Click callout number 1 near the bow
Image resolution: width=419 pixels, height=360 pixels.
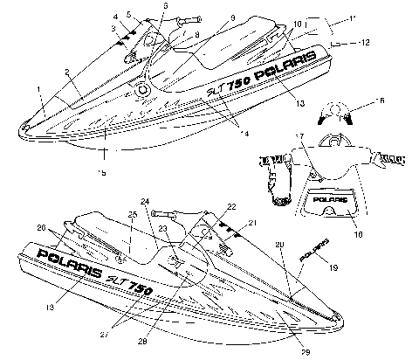[39, 88]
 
